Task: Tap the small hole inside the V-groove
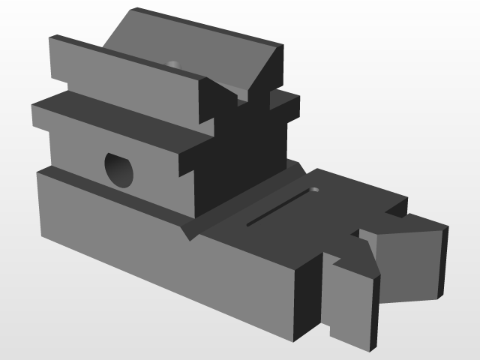174,64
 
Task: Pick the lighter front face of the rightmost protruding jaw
405,259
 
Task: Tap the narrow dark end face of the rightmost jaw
444,259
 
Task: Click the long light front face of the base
165,251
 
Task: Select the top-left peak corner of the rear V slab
136,10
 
